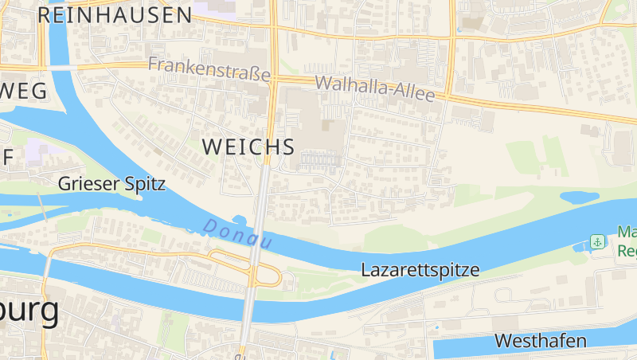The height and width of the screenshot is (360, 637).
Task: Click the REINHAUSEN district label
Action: [x=115, y=14]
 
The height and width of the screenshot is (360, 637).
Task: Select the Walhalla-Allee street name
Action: [x=375, y=88]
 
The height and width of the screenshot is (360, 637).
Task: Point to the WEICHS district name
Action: [x=248, y=147]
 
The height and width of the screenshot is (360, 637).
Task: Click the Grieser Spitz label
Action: [x=111, y=184]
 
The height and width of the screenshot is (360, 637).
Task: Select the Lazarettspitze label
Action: [x=420, y=269]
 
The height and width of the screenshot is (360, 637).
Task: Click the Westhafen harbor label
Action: [x=540, y=341]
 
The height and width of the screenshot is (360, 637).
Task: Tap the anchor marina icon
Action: [x=596, y=241]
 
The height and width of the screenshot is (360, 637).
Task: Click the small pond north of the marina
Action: [x=579, y=197]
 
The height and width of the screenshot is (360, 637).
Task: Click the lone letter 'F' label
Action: [x=7, y=157]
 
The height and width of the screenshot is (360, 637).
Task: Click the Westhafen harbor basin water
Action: [x=478, y=349]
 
